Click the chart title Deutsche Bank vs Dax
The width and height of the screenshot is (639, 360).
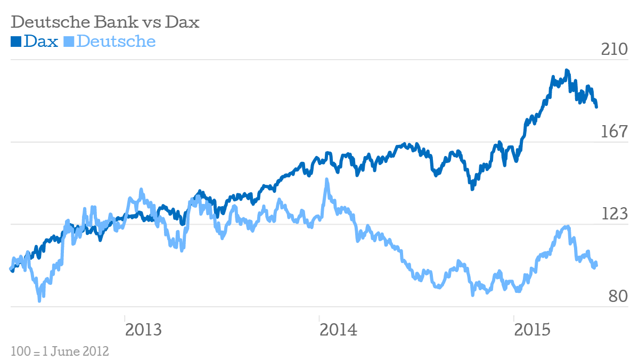pyautogui.click(x=105, y=22)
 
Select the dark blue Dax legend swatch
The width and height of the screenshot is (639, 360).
pyautogui.click(x=16, y=41)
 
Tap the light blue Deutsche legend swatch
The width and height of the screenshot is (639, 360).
pyautogui.click(x=69, y=41)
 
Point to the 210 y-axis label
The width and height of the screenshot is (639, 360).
pyautogui.click(x=615, y=49)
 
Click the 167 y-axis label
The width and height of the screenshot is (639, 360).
pyautogui.click(x=615, y=132)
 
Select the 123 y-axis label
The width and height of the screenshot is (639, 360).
pyautogui.click(x=615, y=214)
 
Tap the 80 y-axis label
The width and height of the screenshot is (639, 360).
pyautogui.click(x=619, y=296)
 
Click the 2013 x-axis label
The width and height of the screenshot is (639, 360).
pyautogui.click(x=143, y=330)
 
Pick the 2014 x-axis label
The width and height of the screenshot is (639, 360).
pyautogui.click(x=338, y=330)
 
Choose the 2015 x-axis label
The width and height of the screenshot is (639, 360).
pyautogui.click(x=532, y=330)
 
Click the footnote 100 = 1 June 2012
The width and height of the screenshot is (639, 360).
pyautogui.click(x=60, y=351)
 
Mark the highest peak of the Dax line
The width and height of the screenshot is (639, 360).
pyautogui.click(x=567, y=70)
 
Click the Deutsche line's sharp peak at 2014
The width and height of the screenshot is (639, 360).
pyautogui.click(x=326, y=180)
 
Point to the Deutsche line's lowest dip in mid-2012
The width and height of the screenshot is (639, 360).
pyautogui.click(x=39, y=300)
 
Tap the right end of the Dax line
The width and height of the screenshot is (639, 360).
pyautogui.click(x=596, y=107)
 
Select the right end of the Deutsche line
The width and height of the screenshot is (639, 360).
pyautogui.click(x=596, y=265)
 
